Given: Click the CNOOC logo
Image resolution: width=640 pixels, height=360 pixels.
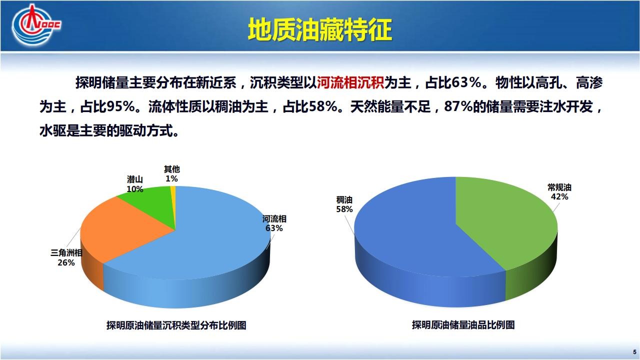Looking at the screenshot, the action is coord(36,25).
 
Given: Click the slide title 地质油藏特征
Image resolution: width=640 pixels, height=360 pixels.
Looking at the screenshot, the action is coord(320,29).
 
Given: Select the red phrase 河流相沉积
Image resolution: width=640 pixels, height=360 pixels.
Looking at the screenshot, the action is coord(350,83).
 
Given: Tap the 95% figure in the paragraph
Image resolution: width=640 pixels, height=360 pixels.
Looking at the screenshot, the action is coord(120,107).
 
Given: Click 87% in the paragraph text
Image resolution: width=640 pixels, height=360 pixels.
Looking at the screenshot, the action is coord(458,107).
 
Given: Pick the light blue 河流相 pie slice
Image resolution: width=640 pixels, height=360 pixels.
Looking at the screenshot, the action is coord(200,245).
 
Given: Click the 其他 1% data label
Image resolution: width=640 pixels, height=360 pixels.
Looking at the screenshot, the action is coord(171,174).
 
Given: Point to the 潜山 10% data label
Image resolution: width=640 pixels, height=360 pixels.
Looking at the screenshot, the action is coord(135,184).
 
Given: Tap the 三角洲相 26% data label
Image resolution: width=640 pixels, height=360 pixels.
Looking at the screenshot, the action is coord(66,257).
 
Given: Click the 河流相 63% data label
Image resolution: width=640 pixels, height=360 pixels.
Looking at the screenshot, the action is coord(274,223).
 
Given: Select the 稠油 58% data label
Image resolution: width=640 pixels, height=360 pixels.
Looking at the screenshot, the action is coord(344,204).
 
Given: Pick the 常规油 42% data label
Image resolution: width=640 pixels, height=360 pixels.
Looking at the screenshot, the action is coord(559,192).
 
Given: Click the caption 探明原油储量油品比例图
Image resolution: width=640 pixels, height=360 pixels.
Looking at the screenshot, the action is coord(463,325).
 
